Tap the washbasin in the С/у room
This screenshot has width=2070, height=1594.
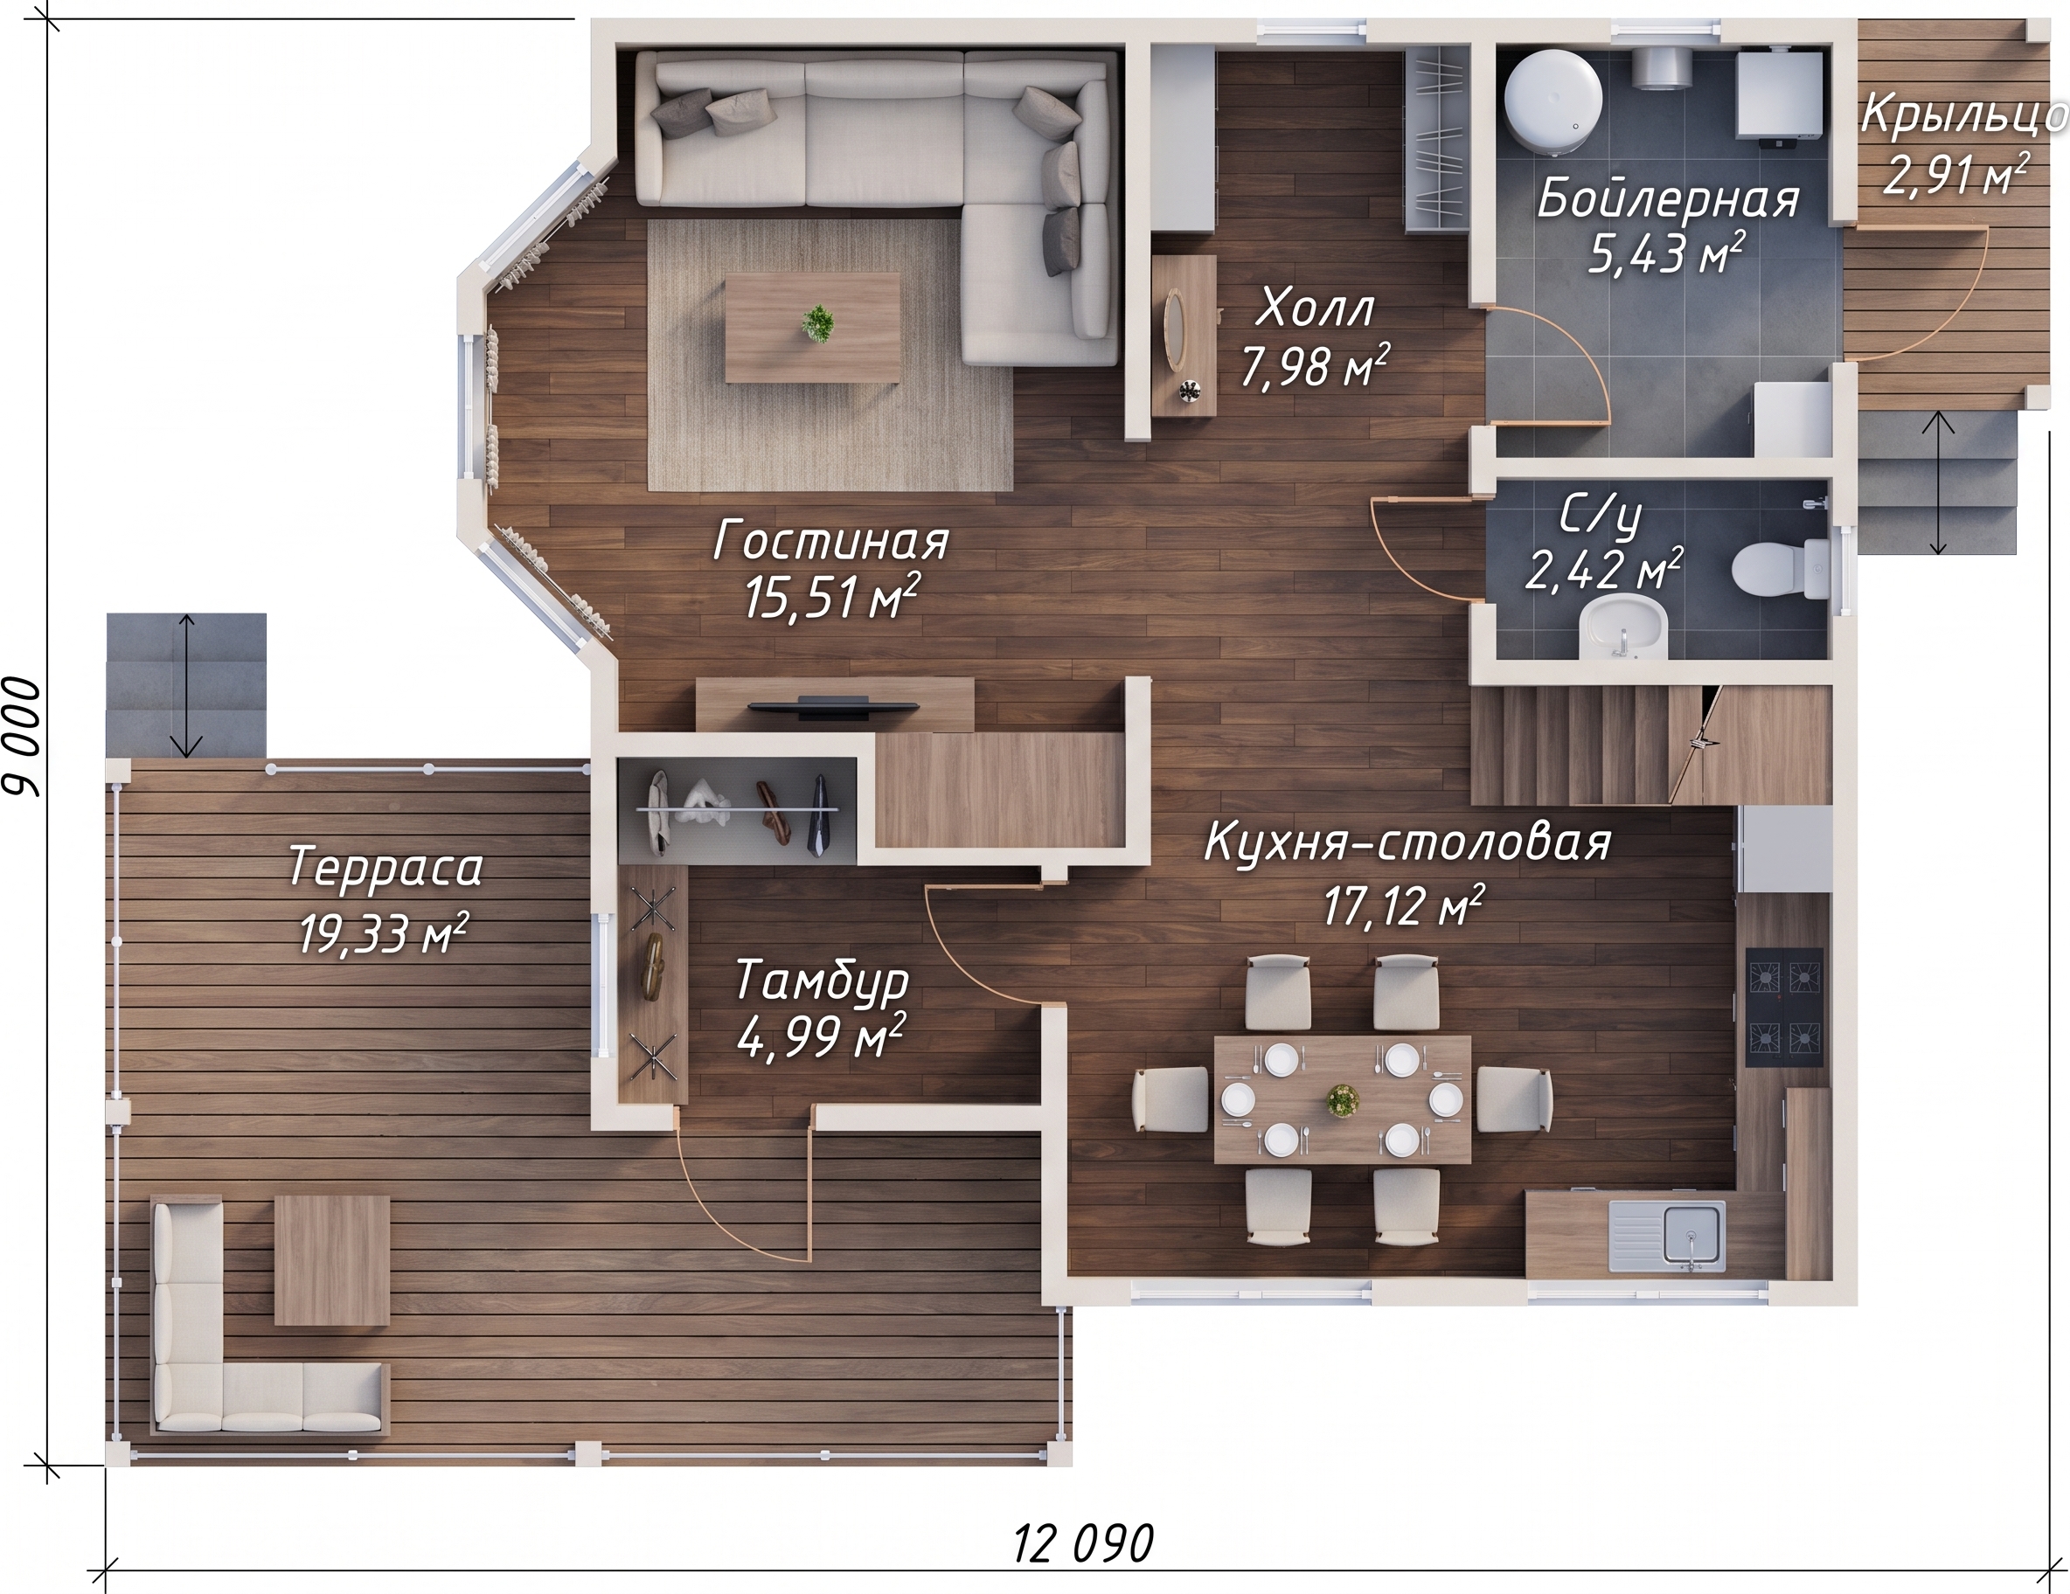click(1624, 627)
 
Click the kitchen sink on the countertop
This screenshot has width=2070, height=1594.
click(1666, 1237)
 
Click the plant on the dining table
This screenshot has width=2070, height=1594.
click(1342, 1100)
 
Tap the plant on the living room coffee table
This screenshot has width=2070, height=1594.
click(816, 324)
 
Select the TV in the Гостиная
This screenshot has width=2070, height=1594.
click(833, 705)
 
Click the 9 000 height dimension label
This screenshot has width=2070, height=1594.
click(24, 737)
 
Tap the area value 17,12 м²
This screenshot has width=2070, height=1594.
click(1404, 905)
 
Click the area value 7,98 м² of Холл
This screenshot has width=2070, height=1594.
click(1316, 367)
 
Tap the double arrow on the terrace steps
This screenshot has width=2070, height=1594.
click(188, 685)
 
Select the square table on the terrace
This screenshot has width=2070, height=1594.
click(331, 1259)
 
